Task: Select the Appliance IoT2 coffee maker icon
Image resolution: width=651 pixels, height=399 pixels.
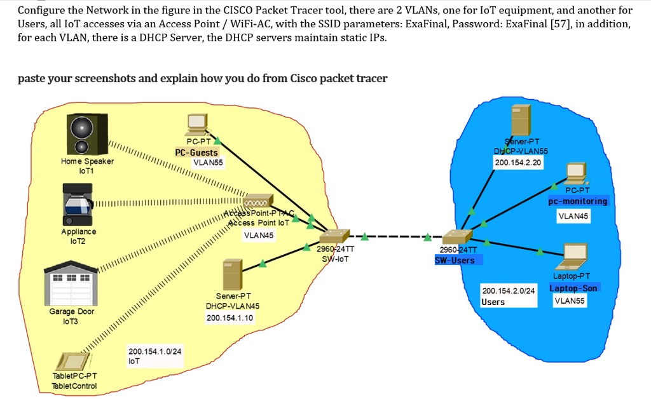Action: coord(79,204)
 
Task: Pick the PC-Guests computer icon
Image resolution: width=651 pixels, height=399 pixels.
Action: coord(196,125)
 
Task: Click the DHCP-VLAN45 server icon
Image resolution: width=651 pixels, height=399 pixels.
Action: coord(232,275)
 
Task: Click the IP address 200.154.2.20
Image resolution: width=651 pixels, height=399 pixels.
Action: coord(517,163)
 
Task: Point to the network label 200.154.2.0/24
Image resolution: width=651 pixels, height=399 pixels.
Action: coord(509,291)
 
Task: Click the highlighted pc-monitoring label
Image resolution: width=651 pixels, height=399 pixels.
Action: coord(578,201)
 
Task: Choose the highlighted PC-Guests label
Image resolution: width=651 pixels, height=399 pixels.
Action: coord(196,152)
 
